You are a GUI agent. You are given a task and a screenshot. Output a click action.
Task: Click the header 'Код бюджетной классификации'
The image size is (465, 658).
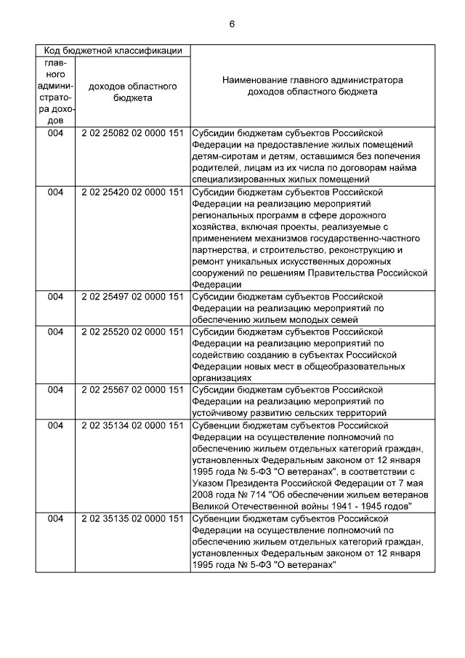113,51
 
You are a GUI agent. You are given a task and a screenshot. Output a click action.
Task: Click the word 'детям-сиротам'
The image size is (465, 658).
224,156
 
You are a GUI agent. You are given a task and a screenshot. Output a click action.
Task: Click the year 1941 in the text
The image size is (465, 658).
332,506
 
